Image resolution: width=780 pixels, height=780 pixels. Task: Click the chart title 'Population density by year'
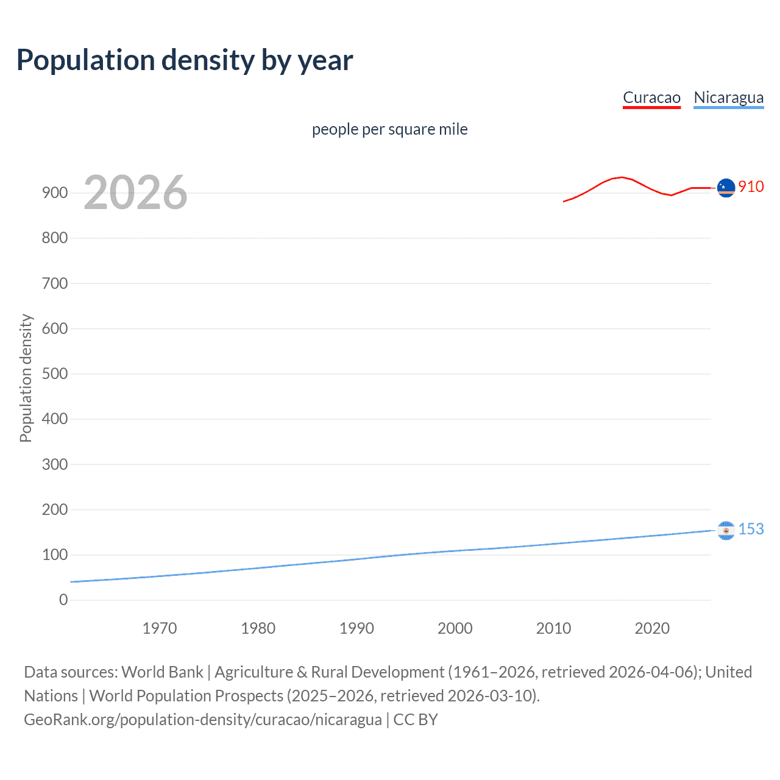185,60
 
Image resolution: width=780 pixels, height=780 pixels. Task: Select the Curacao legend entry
651,97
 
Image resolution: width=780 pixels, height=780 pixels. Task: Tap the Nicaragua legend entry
728,97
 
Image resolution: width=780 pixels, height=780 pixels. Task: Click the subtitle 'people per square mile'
389,129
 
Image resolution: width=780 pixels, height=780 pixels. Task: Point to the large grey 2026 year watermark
135,193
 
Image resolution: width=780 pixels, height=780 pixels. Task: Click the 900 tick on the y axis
55,193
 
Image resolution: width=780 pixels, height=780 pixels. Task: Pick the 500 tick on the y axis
55,374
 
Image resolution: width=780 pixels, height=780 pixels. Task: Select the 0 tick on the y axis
63,600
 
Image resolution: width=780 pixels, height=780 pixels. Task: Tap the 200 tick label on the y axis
55,509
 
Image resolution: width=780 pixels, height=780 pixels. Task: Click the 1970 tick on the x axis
160,628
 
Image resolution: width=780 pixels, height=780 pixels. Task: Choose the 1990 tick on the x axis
356,628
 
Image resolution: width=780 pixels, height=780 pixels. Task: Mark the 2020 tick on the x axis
652,628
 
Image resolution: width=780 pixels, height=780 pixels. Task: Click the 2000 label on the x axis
455,628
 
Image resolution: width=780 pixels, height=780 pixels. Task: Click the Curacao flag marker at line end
726,188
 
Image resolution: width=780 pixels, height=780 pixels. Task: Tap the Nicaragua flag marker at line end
726,530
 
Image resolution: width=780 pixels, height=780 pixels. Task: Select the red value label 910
751,186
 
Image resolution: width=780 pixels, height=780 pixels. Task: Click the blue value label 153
751,529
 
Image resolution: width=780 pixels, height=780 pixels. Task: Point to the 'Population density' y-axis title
26,378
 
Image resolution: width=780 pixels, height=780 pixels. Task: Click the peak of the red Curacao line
621,177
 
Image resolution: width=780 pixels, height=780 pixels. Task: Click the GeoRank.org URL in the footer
202,719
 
